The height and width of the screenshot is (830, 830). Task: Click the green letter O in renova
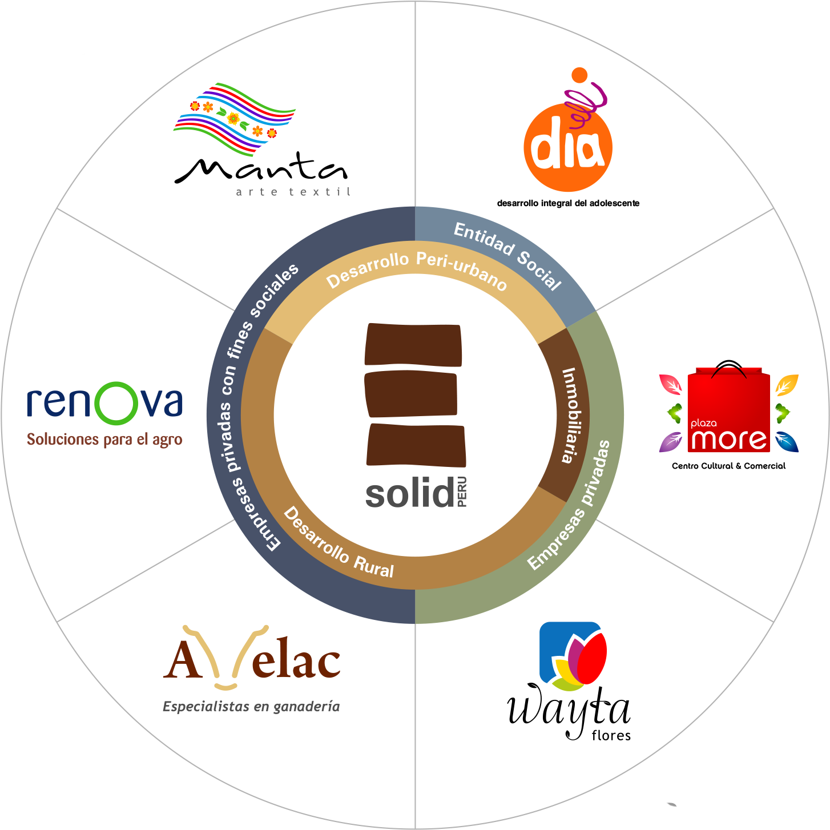click(x=116, y=403)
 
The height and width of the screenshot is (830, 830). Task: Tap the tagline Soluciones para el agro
click(x=104, y=440)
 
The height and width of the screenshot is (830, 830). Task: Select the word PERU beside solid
click(x=462, y=491)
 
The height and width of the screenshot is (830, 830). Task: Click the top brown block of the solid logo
click(x=413, y=345)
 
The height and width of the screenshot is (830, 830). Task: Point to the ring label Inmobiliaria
click(x=571, y=415)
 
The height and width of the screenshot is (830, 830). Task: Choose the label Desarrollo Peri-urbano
click(x=416, y=270)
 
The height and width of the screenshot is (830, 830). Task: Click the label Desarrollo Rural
click(x=339, y=543)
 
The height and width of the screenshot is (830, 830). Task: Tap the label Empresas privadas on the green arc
click(x=569, y=505)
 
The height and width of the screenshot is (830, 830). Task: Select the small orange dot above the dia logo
click(x=579, y=75)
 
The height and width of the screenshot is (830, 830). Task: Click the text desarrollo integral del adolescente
click(x=568, y=203)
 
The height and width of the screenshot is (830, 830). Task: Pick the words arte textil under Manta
click(x=293, y=192)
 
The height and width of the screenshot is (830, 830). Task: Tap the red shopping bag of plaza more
click(x=729, y=409)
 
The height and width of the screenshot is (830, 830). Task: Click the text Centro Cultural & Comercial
click(x=729, y=466)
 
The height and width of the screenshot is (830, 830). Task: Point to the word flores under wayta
click(x=611, y=735)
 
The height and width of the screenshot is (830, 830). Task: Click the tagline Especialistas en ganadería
click(x=251, y=707)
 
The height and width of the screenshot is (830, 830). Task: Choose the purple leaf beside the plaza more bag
click(x=670, y=442)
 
